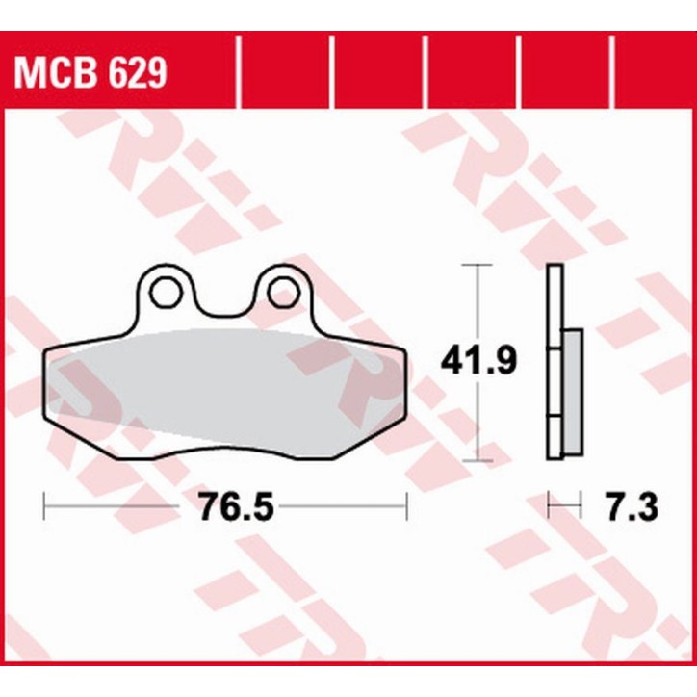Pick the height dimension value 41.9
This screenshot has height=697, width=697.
click(x=478, y=362)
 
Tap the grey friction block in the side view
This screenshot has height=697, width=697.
click(x=571, y=390)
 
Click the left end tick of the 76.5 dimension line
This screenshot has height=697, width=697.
click(x=44, y=505)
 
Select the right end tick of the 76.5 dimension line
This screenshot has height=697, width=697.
click(x=408, y=505)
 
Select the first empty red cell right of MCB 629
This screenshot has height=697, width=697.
click(x=284, y=72)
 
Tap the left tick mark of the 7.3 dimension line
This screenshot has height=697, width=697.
click(x=549, y=505)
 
